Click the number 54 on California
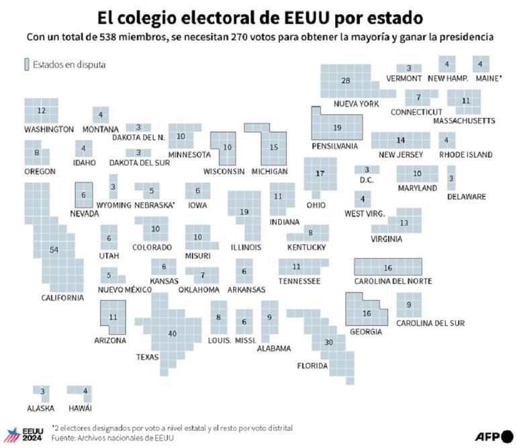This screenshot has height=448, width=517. [54, 249]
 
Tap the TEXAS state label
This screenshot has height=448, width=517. [147, 357]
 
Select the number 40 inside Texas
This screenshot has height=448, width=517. [173, 333]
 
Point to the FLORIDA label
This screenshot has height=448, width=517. [312, 366]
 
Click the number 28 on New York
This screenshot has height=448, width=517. [346, 80]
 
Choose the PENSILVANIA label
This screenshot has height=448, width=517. [334, 146]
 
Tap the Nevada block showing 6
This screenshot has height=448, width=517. [83, 195]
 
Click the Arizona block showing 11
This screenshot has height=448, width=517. [113, 317]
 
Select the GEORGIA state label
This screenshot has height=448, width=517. [366, 331]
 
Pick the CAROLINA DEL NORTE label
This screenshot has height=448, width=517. [393, 280]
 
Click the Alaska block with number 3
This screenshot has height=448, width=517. [42, 391]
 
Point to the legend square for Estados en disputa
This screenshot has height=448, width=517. [27, 64]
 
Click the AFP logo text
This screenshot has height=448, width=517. [488, 437]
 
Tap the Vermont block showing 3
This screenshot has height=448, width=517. [408, 68]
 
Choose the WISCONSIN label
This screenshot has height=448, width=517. [224, 172]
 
